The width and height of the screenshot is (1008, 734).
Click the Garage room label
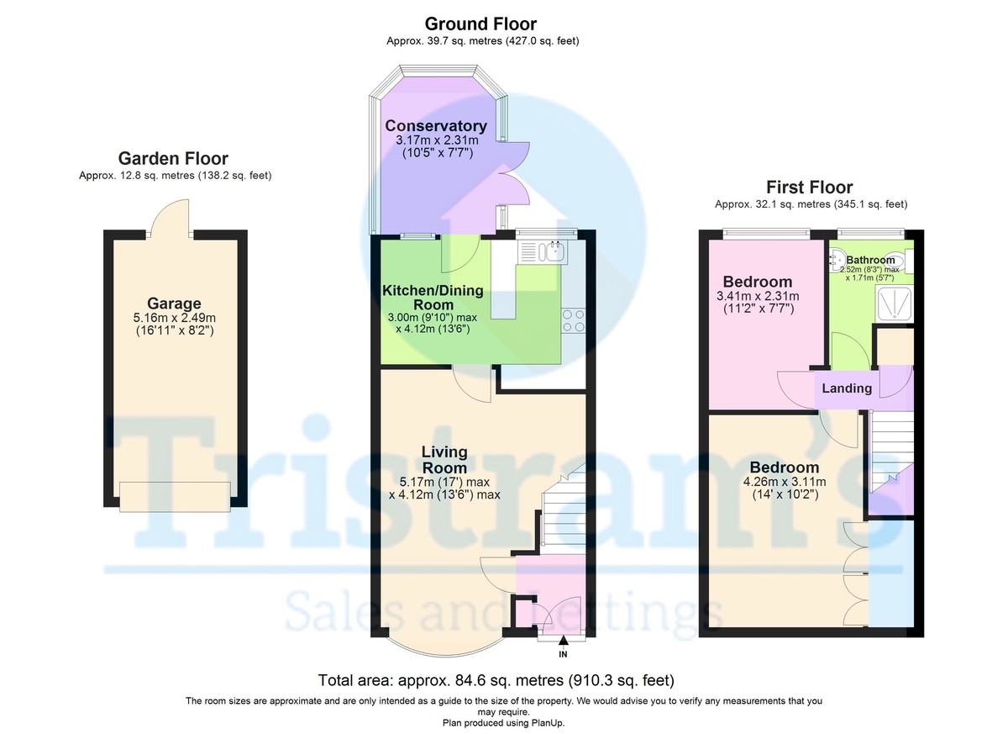[174, 304]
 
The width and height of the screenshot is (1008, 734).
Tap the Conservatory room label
[436, 126]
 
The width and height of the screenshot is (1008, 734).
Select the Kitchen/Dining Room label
[433, 298]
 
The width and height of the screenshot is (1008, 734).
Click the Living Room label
[444, 460]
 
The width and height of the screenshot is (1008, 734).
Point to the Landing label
[847, 388]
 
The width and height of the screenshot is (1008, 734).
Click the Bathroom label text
[871, 260]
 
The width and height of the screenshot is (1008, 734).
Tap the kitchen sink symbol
[555, 250]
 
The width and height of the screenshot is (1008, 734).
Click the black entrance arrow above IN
[563, 642]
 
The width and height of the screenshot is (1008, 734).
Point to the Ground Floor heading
[480, 24]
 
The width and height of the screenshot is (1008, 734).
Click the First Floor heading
[809, 187]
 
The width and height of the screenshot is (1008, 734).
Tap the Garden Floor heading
[173, 158]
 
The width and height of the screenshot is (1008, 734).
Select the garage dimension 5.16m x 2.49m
[174, 318]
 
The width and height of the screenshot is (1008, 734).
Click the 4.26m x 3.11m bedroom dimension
[784, 482]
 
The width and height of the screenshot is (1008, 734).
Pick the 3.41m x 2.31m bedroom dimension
[758, 296]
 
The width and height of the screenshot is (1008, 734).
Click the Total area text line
[496, 679]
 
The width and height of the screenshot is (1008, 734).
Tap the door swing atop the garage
[172, 216]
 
